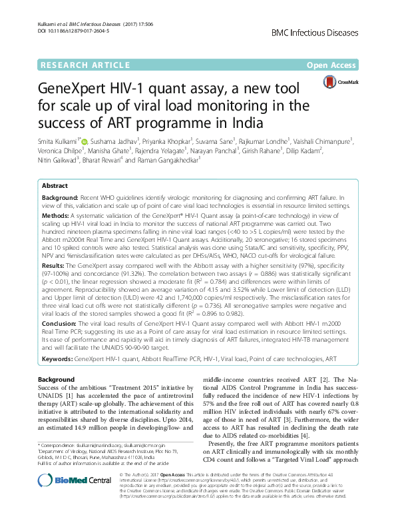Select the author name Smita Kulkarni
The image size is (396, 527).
58,141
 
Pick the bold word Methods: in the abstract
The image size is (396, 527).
56,217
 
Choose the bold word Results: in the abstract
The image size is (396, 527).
55,264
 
